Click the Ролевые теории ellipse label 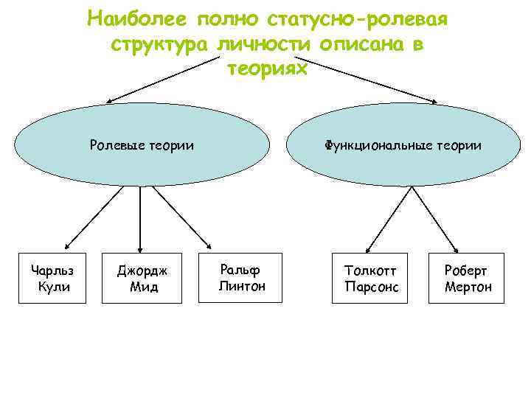142,145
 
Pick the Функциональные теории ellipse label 402,145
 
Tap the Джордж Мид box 143,278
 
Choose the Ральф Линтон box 241,277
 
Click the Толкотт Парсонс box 371,278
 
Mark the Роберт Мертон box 468,278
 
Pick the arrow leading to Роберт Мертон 436,219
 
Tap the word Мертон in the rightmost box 468,287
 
